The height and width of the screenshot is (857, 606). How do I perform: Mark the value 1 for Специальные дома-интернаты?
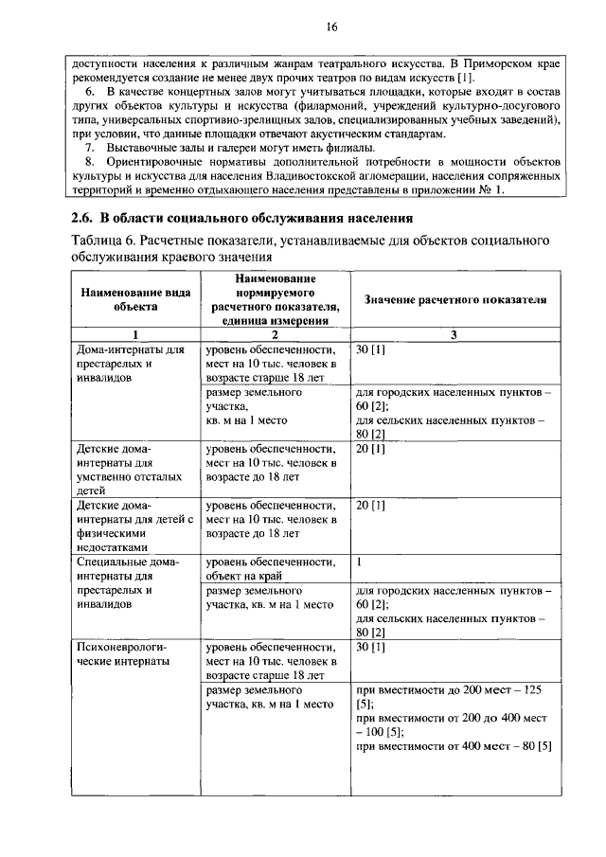(x=360, y=562)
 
